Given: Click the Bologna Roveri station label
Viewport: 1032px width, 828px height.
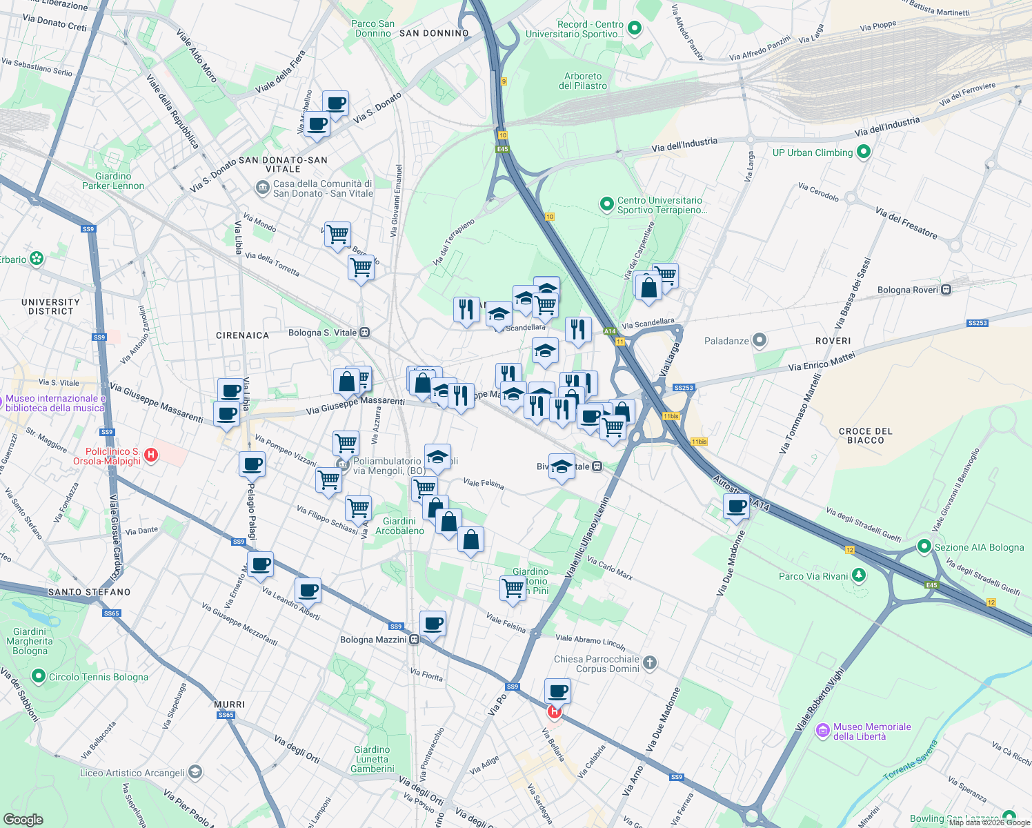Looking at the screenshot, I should (x=907, y=290).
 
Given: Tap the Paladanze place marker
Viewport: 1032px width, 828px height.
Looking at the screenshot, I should (x=760, y=340).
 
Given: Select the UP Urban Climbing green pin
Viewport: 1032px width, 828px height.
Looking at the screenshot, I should (x=863, y=152).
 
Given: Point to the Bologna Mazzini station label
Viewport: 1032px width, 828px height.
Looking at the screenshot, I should (x=373, y=640).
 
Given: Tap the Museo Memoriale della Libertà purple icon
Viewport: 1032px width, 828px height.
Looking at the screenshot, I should (x=822, y=731).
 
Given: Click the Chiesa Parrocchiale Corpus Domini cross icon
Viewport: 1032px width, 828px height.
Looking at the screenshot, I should (x=649, y=664).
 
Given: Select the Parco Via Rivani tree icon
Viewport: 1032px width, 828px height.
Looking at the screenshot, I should (x=858, y=575).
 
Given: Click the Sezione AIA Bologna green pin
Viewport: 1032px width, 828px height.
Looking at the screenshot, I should (x=924, y=546).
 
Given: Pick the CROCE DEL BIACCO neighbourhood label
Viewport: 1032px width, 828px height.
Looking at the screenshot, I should (x=865, y=435).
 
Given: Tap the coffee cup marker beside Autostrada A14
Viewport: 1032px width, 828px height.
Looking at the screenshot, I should (x=737, y=506).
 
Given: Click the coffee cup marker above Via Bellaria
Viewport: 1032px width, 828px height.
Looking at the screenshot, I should (x=557, y=690).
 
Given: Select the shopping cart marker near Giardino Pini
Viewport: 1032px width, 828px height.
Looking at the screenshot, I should (x=513, y=588).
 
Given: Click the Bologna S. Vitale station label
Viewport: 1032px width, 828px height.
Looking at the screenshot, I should (x=322, y=333).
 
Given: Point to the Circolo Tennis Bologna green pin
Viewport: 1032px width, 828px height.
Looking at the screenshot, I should (x=39, y=676).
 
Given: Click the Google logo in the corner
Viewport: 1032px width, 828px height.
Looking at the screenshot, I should (x=23, y=819).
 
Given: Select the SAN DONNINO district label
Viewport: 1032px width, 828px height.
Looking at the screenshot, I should (x=434, y=33).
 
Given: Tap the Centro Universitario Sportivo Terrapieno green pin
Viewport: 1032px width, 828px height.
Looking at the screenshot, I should (x=606, y=204).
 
